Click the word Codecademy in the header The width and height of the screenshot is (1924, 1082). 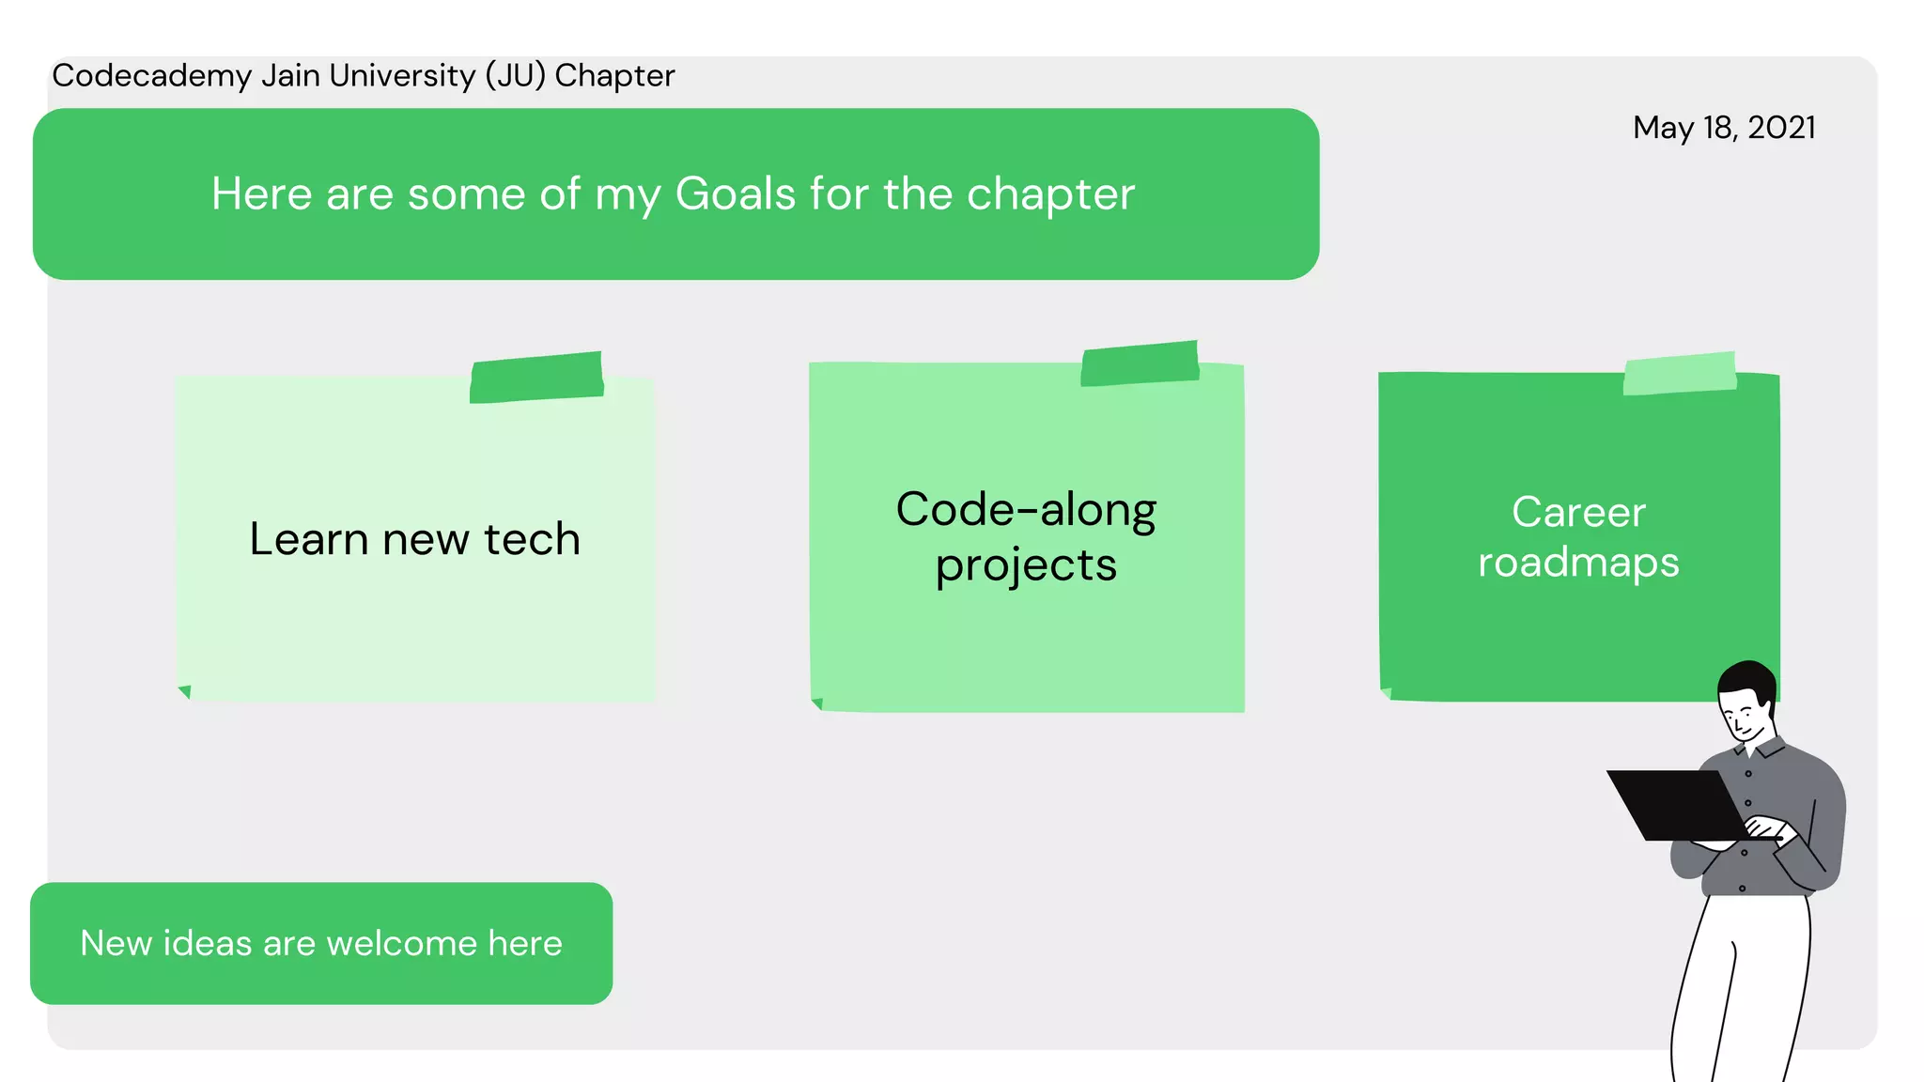(x=151, y=76)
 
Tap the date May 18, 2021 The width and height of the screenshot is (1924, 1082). (x=1724, y=128)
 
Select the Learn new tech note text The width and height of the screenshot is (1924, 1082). (x=414, y=539)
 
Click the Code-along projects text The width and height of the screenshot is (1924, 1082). (x=1026, y=536)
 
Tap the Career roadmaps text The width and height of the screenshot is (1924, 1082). (x=1578, y=536)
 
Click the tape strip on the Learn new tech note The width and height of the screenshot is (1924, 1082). (x=536, y=378)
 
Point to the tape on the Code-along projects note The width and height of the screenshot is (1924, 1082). (x=1140, y=363)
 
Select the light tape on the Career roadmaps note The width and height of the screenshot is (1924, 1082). (x=1680, y=374)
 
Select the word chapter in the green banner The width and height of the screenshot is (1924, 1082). (x=1050, y=194)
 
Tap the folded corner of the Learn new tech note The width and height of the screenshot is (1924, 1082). (x=185, y=692)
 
